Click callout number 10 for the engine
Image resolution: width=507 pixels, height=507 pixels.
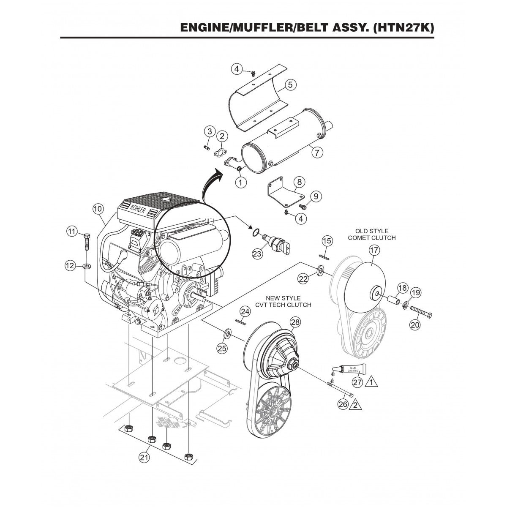[98, 208]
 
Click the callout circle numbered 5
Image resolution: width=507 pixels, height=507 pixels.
[290, 84]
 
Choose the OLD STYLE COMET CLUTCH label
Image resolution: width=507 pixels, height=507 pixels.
[371, 234]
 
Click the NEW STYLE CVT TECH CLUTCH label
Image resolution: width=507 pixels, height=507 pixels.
[289, 302]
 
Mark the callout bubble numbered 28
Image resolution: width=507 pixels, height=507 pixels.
[295, 322]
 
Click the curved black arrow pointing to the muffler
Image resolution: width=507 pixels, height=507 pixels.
[211, 184]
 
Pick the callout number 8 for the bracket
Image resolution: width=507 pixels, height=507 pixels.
[299, 182]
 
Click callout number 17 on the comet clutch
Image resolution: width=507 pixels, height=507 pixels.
[373, 250]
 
